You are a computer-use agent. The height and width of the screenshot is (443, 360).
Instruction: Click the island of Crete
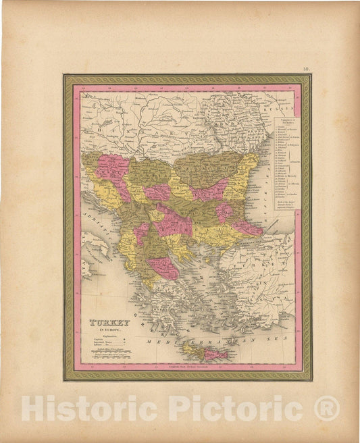(203, 352)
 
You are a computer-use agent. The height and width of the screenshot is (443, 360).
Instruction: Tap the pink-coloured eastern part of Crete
(215, 354)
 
